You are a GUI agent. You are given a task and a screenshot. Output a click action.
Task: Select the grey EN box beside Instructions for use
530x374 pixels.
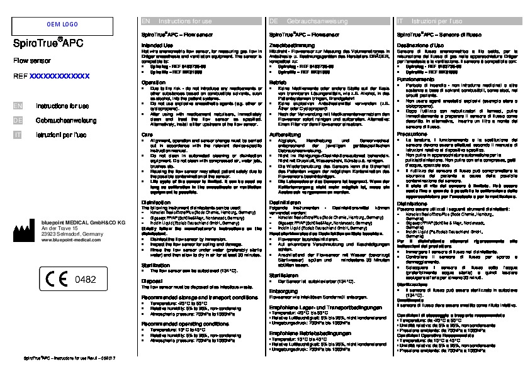click(x=18, y=106)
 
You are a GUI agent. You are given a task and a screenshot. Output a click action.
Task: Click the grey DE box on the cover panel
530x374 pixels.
click(x=18, y=119)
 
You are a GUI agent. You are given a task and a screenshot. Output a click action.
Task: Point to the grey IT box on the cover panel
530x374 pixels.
click(x=18, y=134)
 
